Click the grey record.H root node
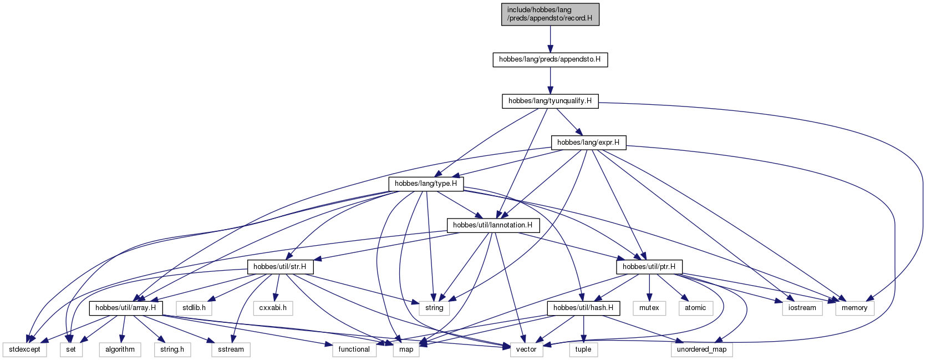(550, 14)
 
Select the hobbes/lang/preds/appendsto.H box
(550, 59)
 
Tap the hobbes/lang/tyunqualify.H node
(550, 102)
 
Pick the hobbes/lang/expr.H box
(588, 143)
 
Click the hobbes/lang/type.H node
(426, 184)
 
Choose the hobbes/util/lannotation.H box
(493, 225)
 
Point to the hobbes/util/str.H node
(280, 267)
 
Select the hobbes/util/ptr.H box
(649, 267)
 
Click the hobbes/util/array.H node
(126, 308)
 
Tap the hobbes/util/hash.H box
(583, 308)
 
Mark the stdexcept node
(25, 349)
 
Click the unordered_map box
(701, 349)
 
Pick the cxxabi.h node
(273, 308)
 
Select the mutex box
(649, 308)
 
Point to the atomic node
(695, 308)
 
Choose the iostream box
(802, 308)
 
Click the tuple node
(583, 349)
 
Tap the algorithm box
(120, 349)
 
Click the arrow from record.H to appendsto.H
(550, 39)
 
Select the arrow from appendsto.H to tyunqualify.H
(550, 80)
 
